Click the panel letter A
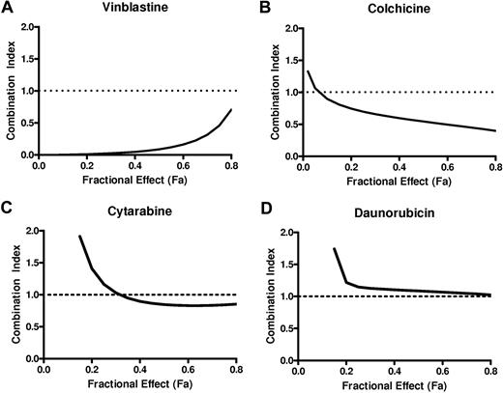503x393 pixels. [7, 9]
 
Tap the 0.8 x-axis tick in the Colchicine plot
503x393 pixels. [490, 165]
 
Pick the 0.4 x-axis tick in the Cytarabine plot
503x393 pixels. [140, 369]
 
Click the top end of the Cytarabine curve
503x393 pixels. [79, 236]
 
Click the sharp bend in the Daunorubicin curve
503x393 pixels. [347, 282]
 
